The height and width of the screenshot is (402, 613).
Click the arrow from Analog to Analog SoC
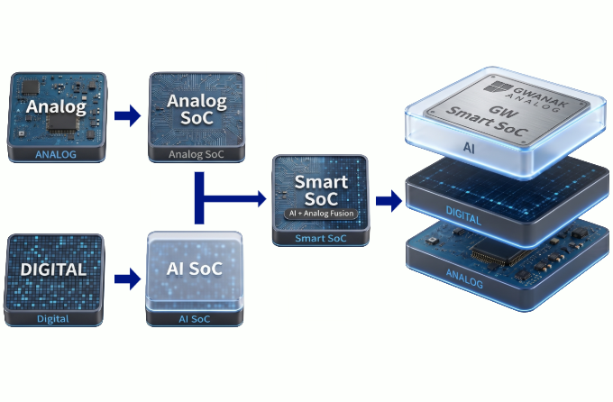[127, 115]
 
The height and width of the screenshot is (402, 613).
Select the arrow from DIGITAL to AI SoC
[127, 279]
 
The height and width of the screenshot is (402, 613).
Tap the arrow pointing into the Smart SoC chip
[231, 198]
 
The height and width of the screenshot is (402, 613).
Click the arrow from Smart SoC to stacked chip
[389, 201]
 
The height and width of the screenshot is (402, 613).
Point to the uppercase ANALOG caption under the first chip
[56, 154]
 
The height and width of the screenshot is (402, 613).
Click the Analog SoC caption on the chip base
[197, 154]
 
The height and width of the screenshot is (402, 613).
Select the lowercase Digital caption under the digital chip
[53, 319]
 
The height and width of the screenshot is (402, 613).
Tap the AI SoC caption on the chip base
[195, 319]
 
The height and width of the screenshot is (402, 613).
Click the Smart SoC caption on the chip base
[321, 238]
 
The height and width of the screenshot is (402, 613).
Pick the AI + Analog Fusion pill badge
[321, 214]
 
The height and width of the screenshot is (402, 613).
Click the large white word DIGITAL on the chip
[53, 270]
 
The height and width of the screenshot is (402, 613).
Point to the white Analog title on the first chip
[56, 106]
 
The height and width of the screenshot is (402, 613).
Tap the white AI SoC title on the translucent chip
[195, 269]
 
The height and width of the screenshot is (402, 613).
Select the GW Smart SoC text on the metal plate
[487, 120]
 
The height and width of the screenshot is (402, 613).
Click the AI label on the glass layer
[469, 148]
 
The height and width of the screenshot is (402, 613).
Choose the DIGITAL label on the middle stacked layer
[463, 215]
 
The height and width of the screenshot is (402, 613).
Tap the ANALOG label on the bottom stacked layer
[464, 278]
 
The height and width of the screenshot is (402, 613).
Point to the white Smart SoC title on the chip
[321, 190]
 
